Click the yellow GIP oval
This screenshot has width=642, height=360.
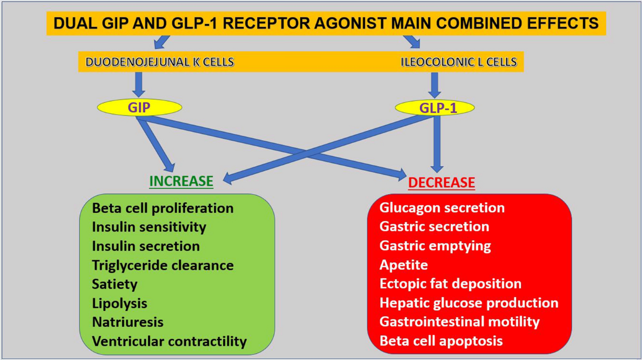point(140,108)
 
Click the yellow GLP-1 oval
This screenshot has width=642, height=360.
point(435,108)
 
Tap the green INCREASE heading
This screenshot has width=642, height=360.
point(181,181)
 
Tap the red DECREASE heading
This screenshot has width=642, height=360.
point(441,182)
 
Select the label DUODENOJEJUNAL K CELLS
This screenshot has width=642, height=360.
point(159,62)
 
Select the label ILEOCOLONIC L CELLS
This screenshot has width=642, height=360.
point(458,62)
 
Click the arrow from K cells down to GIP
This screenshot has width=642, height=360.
point(139,85)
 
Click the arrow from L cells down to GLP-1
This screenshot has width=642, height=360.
point(434,85)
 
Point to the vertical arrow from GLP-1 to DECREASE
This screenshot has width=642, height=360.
point(437,144)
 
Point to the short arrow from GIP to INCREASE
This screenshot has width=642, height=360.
point(156,145)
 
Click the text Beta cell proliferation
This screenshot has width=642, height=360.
point(163,209)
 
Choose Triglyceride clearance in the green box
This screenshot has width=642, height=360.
point(163,265)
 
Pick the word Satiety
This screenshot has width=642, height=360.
point(114,285)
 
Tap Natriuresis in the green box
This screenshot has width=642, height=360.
point(128,322)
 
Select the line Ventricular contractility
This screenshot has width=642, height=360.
point(170,341)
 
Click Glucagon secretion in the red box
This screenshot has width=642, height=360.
point(442,208)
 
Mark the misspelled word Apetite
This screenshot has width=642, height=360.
point(403,265)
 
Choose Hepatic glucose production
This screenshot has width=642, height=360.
point(469,303)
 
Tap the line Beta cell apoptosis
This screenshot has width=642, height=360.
point(441,341)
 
